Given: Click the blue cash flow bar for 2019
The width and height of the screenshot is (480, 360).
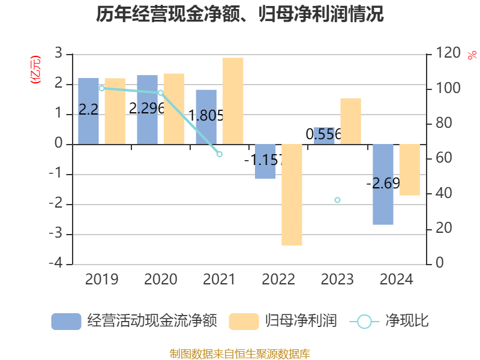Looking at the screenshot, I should pyautogui.click(x=88, y=111).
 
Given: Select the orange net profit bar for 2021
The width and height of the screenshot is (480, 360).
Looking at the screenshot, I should pyautogui.click(x=233, y=101).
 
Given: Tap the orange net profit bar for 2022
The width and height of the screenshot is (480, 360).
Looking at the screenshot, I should pyautogui.click(x=292, y=195).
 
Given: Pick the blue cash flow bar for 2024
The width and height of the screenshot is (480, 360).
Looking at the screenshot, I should pyautogui.click(x=383, y=184).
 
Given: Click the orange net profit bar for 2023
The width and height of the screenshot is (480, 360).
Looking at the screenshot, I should pyautogui.click(x=350, y=121).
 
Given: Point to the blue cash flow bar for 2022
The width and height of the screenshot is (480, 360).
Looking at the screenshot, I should pyautogui.click(x=265, y=161).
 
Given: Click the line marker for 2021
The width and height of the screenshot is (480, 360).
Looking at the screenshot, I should pyautogui.click(x=220, y=154).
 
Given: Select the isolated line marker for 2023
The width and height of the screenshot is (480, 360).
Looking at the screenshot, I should pyautogui.click(x=337, y=200).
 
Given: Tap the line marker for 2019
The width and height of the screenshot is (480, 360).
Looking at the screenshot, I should pyautogui.click(x=101, y=88).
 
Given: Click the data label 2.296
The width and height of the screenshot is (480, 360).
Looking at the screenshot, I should pyautogui.click(x=147, y=109).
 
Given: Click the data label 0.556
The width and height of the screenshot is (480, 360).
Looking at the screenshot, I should pyautogui.click(x=323, y=135).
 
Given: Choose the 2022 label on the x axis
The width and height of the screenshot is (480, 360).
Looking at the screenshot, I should pyautogui.click(x=278, y=280).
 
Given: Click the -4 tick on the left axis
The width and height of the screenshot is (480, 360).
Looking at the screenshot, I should pyautogui.click(x=58, y=264).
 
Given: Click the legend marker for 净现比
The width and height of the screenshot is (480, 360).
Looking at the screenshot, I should pyautogui.click(x=364, y=322).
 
